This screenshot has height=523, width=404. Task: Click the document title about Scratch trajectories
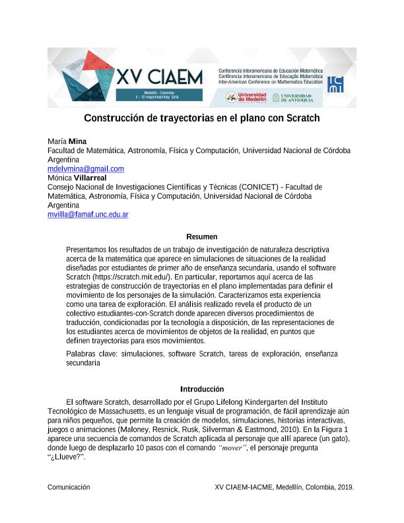tap(201, 119)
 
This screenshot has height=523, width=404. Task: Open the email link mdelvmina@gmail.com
tap(86, 169)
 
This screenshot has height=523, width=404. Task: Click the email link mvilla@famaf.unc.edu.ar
tap(88, 215)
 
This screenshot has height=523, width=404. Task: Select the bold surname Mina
tap(77, 141)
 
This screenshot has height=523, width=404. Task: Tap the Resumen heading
tap(201, 236)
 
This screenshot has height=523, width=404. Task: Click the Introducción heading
tap(201, 389)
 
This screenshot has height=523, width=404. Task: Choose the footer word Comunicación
tap(69, 487)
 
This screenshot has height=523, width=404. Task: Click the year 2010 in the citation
tap(303, 430)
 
